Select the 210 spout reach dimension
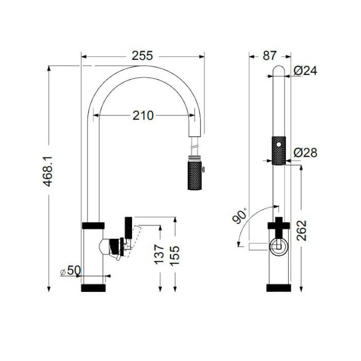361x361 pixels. [x=143, y=116]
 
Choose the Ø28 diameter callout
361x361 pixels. [x=305, y=153]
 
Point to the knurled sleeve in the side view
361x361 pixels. [x=278, y=150]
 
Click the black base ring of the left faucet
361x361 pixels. [x=93, y=288]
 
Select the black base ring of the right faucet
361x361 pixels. [x=278, y=288]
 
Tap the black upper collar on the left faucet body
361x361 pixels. [x=93, y=225]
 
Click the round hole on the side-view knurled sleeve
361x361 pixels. [x=279, y=142]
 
